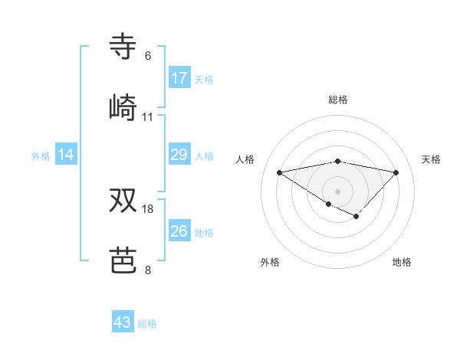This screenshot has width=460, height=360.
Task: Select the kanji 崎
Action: click(124, 107)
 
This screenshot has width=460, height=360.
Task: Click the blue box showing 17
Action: click(179, 77)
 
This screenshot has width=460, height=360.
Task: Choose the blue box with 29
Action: click(179, 155)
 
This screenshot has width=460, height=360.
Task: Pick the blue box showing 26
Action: click(179, 231)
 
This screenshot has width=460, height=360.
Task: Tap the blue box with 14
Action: click(67, 155)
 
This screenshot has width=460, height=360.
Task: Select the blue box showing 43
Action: click(123, 322)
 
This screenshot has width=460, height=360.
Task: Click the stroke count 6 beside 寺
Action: click(148, 56)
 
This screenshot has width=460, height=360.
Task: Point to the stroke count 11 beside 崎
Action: click(148, 117)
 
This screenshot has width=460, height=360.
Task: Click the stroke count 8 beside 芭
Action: click(148, 270)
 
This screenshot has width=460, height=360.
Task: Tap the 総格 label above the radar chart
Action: click(338, 100)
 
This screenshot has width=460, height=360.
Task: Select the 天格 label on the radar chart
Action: click(432, 159)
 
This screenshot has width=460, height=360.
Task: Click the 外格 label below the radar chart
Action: click(270, 262)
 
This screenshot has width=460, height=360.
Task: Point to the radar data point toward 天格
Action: click(396, 172)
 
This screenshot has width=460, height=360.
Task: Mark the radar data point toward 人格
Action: click(279, 172)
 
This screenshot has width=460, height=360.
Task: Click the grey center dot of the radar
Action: click(337, 191)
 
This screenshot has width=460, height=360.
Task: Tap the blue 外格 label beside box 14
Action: click(41, 156)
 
